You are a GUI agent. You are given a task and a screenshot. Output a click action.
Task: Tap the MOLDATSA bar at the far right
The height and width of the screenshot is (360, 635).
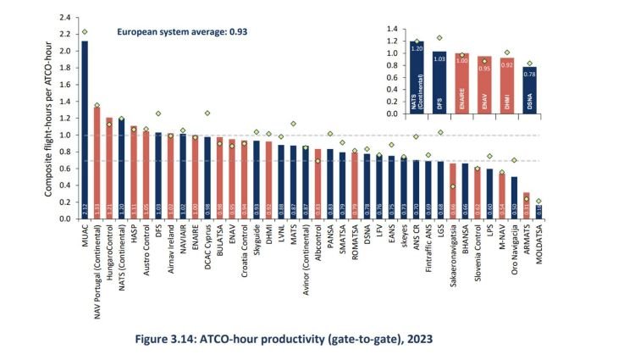click(538, 211)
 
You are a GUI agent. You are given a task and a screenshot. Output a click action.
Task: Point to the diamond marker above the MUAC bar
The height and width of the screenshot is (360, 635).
click(84, 31)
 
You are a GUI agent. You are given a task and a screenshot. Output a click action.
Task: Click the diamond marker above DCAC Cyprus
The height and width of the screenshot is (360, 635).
click(207, 113)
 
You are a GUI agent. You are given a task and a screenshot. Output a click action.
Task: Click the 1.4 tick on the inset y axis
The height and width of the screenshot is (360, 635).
click(390, 29)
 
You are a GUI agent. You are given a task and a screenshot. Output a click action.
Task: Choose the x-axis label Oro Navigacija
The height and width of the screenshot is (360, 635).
click(514, 253)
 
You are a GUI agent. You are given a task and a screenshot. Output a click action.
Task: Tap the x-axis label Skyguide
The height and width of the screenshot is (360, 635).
click(256, 241)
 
